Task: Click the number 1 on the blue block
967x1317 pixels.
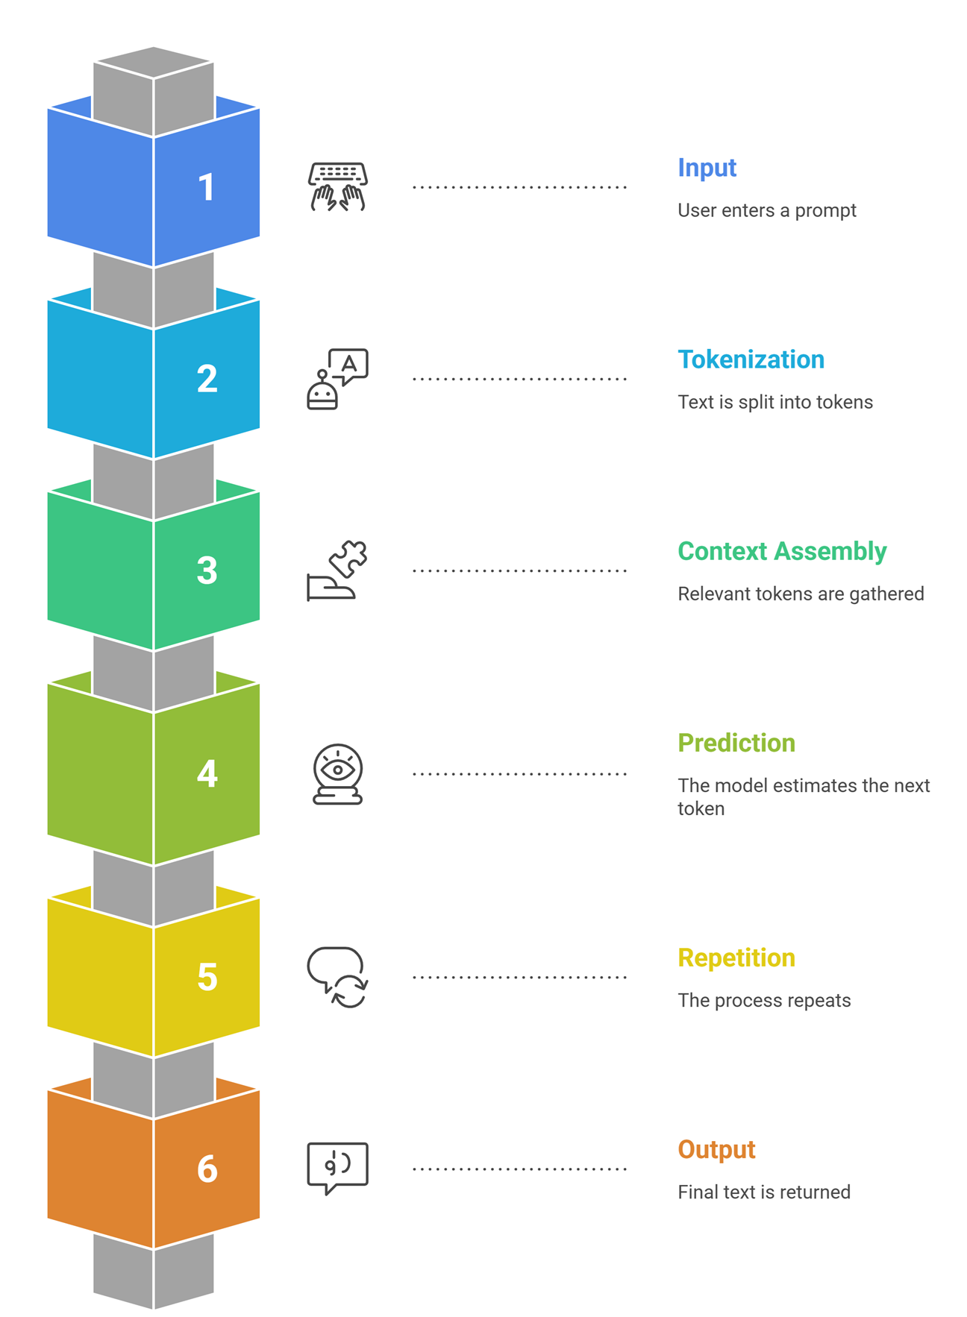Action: point(207,187)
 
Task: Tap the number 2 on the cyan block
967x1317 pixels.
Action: point(207,379)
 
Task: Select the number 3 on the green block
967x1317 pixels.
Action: point(207,571)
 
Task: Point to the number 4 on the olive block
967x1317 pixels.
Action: point(207,774)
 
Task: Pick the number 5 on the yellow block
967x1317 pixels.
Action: point(207,977)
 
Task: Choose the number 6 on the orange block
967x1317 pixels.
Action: point(207,1169)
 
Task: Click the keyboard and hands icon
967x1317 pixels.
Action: point(337,186)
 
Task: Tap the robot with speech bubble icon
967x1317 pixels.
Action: point(337,379)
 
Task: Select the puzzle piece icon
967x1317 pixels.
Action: point(337,571)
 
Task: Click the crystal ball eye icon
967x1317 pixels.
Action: point(337,774)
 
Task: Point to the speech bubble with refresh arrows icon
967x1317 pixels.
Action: point(337,977)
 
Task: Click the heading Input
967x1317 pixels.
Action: point(707,168)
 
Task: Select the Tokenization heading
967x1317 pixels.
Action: point(751,359)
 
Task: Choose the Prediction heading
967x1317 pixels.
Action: point(736,743)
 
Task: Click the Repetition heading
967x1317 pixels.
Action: point(736,958)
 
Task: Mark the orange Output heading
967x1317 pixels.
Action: point(716,1149)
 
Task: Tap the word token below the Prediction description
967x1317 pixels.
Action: point(701,809)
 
